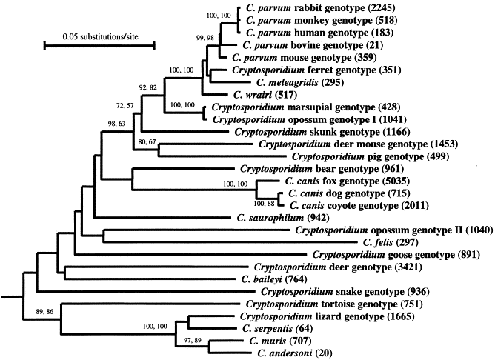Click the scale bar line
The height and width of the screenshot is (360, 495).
(x=99, y=45)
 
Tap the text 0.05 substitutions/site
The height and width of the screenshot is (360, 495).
(x=99, y=34)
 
